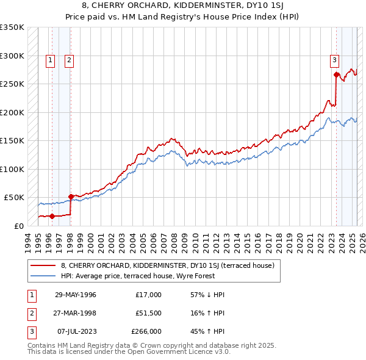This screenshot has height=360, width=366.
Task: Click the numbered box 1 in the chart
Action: pyautogui.click(x=49, y=60)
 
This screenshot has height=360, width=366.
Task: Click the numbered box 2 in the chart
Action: pyautogui.click(x=70, y=60)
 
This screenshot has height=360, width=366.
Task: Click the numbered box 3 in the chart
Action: pyautogui.click(x=335, y=60)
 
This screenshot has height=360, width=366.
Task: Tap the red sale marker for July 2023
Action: pyautogui.click(x=336, y=75)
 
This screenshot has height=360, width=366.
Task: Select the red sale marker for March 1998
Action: pyautogui.click(x=71, y=196)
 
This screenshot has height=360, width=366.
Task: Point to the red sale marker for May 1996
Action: pyautogui.click(x=52, y=216)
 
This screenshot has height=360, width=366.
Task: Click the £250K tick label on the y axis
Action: pyautogui.click(x=12, y=84)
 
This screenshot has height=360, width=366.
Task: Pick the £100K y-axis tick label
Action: pyautogui.click(x=12, y=169)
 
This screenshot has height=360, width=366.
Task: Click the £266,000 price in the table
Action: pyautogui.click(x=147, y=332)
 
